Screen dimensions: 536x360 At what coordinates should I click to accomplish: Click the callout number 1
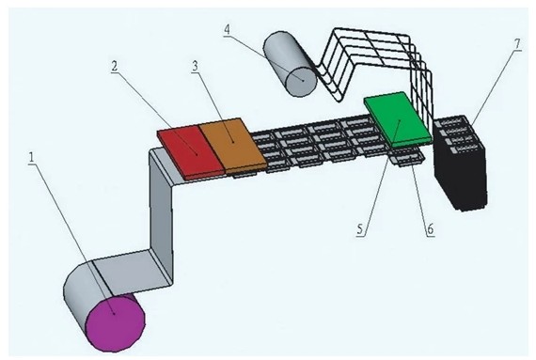pyautogui.click(x=31, y=158)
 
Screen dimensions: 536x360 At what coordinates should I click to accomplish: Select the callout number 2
pyautogui.click(x=114, y=66)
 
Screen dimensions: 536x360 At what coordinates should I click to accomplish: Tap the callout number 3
pyautogui.click(x=196, y=66)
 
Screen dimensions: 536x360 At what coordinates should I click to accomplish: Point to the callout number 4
pyautogui.click(x=227, y=29)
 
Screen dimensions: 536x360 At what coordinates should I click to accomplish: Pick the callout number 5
pyautogui.click(x=359, y=229)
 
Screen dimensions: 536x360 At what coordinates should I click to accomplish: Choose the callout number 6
pyautogui.click(x=430, y=229)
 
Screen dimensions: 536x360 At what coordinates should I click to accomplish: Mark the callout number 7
pyautogui.click(x=517, y=44)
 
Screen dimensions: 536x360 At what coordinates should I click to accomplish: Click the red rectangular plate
pyautogui.click(x=190, y=151)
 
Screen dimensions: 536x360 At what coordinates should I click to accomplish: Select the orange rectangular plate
pyautogui.click(x=232, y=145)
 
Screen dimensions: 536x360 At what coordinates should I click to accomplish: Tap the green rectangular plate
pyautogui.click(x=398, y=119)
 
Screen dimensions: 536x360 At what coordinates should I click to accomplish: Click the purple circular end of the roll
pyautogui.click(x=116, y=321)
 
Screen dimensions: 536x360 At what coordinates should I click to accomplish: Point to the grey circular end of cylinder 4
pyautogui.click(x=302, y=81)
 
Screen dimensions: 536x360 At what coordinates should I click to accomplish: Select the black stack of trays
pyautogui.click(x=461, y=164)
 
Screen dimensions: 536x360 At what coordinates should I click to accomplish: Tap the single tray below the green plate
pyautogui.click(x=408, y=157)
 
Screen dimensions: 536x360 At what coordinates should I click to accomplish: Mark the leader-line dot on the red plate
pyautogui.click(x=197, y=154)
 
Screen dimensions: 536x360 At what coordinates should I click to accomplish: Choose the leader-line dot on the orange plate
pyautogui.click(x=232, y=141)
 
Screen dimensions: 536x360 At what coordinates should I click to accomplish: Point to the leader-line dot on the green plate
pyautogui.click(x=400, y=120)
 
